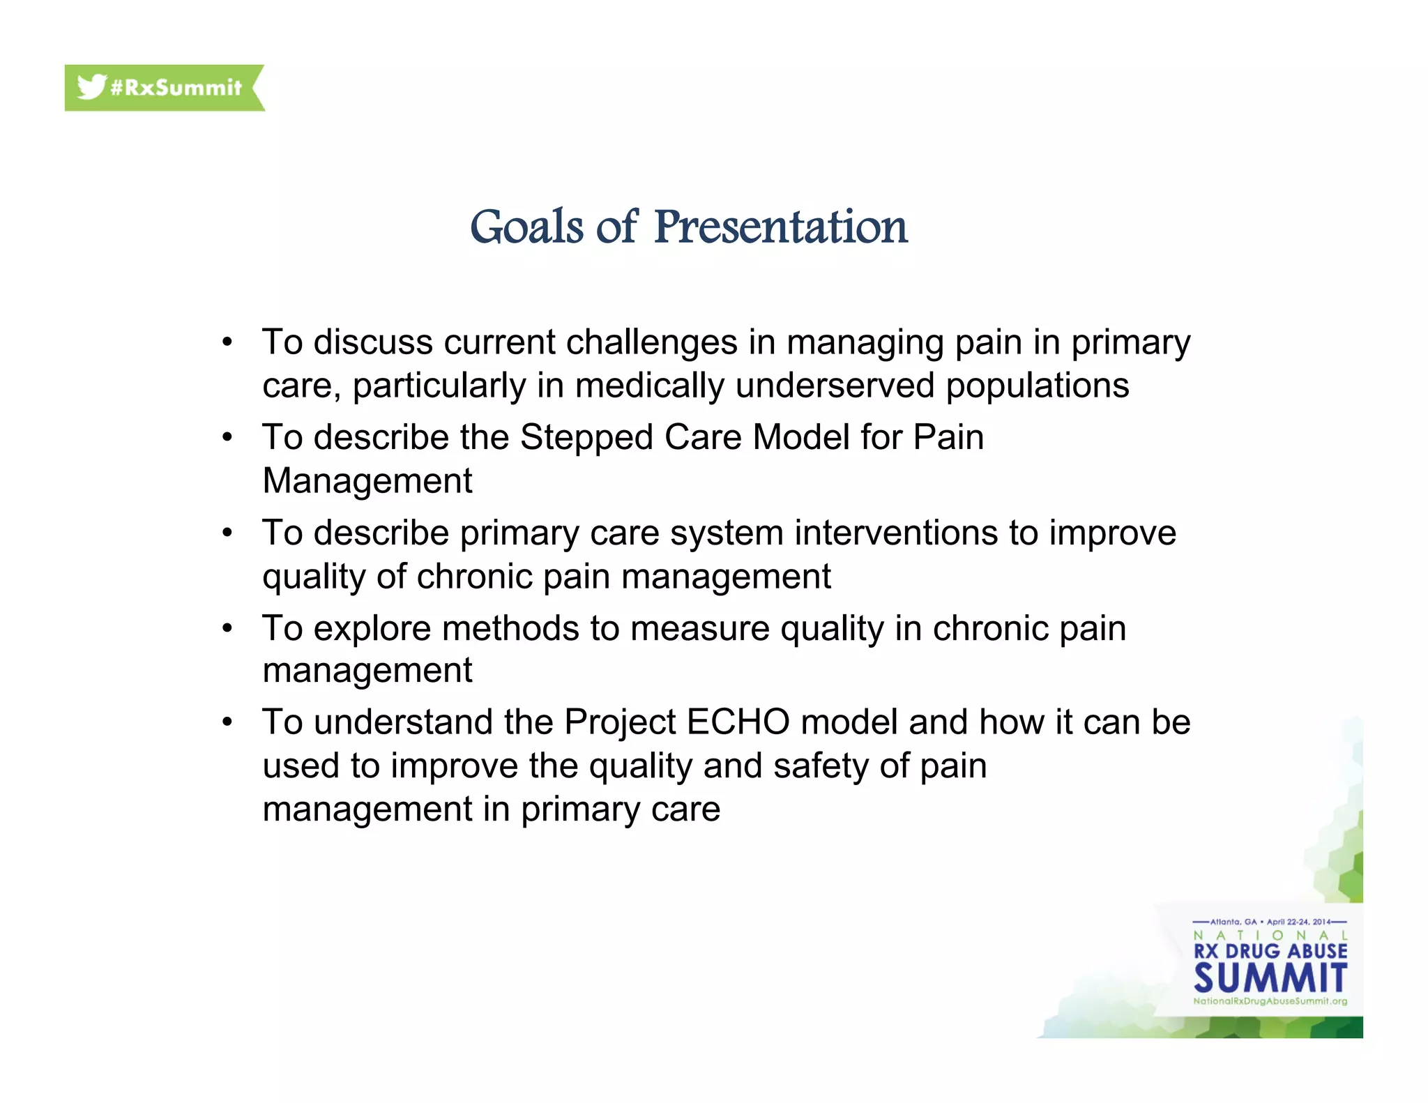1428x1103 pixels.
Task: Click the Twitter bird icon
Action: click(91, 87)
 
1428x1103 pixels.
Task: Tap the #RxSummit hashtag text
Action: click(176, 88)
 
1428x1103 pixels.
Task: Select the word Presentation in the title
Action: click(780, 227)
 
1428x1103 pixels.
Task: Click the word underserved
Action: click(835, 386)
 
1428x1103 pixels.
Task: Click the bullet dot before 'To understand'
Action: click(227, 722)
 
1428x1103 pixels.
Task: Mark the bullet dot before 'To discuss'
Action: click(227, 342)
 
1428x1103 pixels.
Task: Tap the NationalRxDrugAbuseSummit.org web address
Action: click(1270, 1001)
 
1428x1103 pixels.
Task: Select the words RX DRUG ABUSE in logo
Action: click(1270, 952)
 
